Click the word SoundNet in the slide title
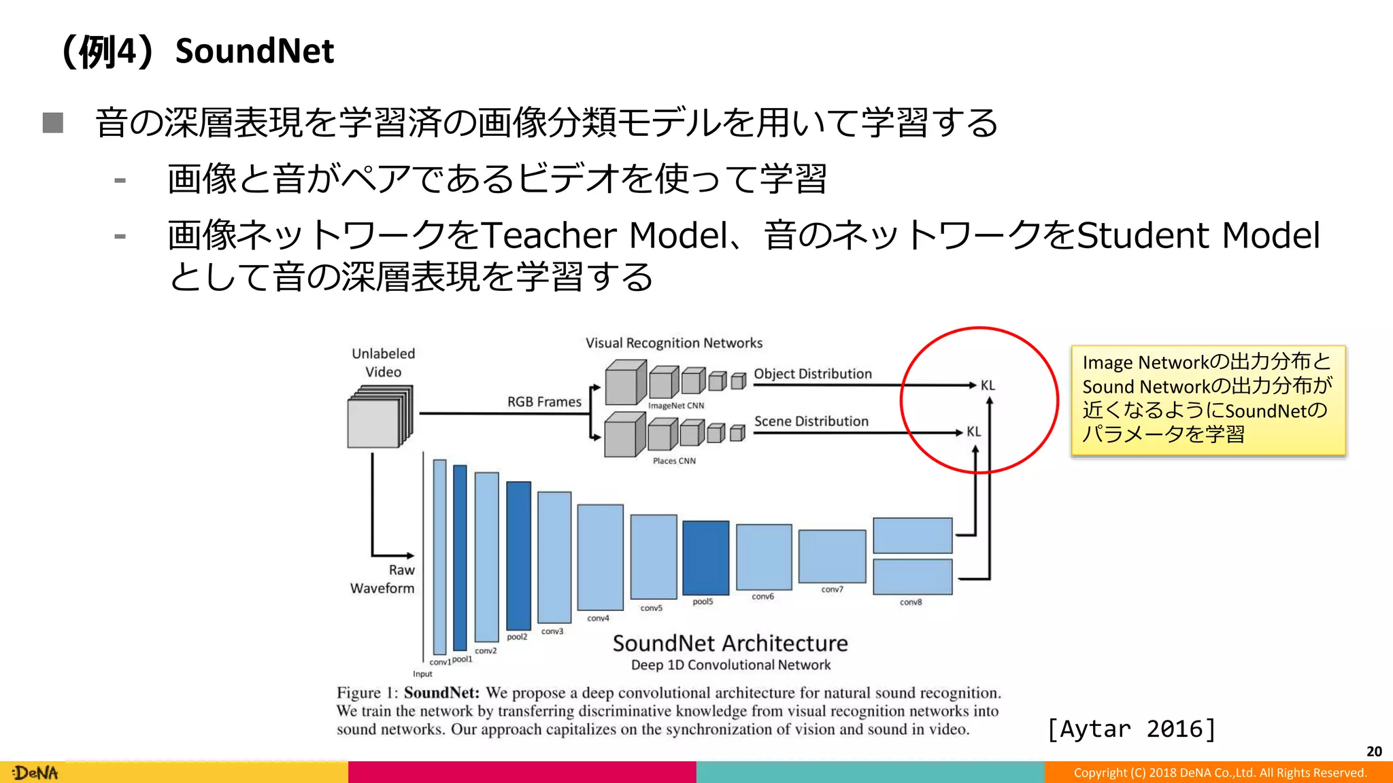point(254,51)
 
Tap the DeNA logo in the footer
point(36,773)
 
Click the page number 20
point(1374,751)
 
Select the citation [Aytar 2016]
point(1131,729)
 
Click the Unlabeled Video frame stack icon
point(380,417)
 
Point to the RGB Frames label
point(544,402)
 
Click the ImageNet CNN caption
point(675,406)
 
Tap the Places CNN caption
point(674,461)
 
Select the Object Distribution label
point(812,374)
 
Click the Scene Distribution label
point(811,421)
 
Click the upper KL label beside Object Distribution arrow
point(988,385)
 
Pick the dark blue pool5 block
point(705,557)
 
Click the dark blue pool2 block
point(518,555)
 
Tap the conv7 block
point(832,557)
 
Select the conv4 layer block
point(600,557)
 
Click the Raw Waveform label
point(383,579)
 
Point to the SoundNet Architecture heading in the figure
point(730,643)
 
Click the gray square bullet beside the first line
point(53,123)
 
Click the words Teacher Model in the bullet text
point(605,235)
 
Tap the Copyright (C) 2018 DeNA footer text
point(1220,773)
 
